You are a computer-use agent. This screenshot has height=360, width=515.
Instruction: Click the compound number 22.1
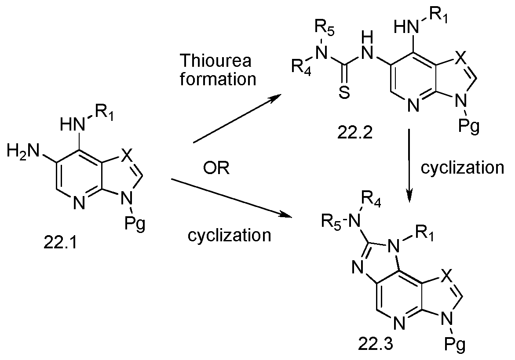pos(60,243)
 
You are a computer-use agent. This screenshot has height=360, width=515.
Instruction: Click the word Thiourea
pos(216,60)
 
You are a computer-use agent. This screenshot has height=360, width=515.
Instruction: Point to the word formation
pos(218,80)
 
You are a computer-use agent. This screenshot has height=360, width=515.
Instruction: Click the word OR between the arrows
pos(216,168)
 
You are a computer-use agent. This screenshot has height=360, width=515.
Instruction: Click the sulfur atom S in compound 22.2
pos(344,93)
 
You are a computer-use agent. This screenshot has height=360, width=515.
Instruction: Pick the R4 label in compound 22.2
pos(302,67)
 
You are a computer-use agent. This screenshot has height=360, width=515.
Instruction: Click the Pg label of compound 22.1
pos(135,225)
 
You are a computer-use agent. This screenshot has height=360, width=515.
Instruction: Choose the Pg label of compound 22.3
pos(455,345)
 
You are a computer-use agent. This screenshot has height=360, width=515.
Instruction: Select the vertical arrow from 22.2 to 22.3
pos(409,165)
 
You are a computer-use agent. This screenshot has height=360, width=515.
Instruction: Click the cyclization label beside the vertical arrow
pos(462,168)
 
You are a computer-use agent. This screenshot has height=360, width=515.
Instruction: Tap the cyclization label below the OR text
pos(229,235)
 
